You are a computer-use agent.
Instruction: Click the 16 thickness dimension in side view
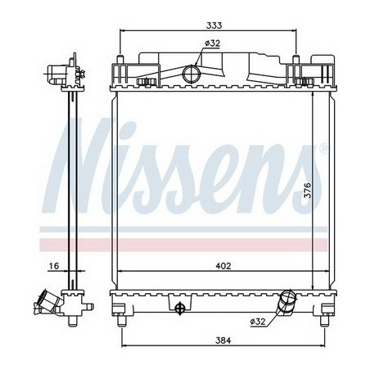pos(53,264)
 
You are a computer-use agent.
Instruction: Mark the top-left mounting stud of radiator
pos(120,61)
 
